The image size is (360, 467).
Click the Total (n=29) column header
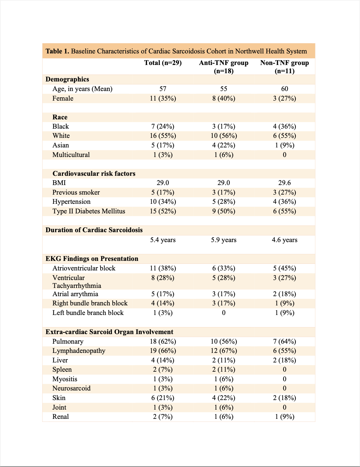(163, 63)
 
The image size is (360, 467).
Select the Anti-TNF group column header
(224, 66)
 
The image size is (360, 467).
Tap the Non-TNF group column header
(285, 66)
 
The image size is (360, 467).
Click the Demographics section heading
(67, 79)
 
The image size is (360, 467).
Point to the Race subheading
(60, 117)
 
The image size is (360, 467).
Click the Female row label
(63, 98)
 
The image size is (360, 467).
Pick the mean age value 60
(285, 89)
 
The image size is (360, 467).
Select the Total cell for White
(163, 136)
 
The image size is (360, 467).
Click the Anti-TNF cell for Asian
(224, 145)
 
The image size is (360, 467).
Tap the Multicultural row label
(71, 155)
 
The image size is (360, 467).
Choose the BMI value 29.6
(285, 183)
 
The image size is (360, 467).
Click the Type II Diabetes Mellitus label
(89, 211)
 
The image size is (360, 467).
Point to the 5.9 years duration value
(224, 240)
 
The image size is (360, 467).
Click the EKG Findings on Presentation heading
(92, 259)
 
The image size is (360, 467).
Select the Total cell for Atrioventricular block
(163, 268)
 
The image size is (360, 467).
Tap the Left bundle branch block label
(88, 313)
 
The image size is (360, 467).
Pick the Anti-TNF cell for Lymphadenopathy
(224, 351)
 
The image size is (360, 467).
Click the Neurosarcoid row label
(71, 388)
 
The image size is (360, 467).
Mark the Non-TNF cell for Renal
(285, 417)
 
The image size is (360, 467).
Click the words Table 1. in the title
(57, 51)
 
